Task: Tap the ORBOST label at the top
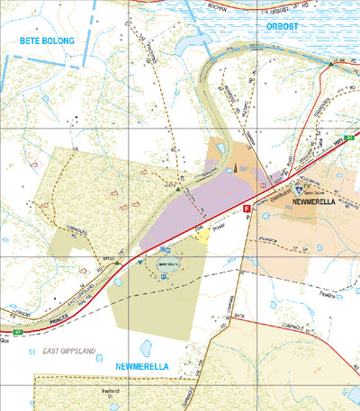288,27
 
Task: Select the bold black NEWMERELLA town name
324,204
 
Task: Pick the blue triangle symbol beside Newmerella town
299,191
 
